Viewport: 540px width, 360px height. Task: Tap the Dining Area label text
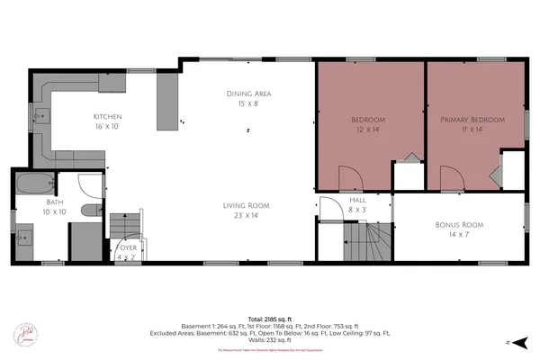(x=248, y=94)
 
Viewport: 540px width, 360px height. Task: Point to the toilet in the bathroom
(x=88, y=210)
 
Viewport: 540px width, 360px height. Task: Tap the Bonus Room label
(x=459, y=224)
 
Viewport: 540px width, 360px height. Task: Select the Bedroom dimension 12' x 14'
(x=367, y=130)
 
